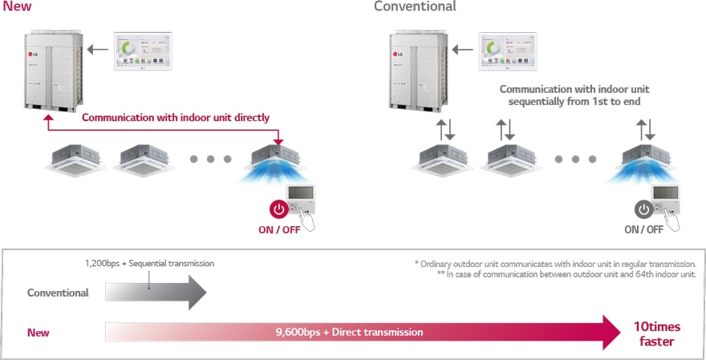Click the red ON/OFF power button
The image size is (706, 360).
click(278, 210)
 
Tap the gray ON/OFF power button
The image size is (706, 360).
click(644, 210)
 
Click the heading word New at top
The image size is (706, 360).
click(17, 6)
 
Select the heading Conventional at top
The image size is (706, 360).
click(415, 6)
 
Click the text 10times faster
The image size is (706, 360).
click(657, 334)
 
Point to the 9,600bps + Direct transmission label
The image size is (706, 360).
click(350, 333)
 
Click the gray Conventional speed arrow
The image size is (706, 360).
click(156, 293)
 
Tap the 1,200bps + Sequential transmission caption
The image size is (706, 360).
click(149, 263)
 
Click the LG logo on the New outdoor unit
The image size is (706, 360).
click(33, 55)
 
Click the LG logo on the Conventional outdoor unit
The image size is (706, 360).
click(398, 55)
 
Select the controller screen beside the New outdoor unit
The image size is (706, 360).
click(143, 51)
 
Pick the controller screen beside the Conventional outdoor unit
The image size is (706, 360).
click(508, 51)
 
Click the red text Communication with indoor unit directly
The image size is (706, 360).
click(176, 117)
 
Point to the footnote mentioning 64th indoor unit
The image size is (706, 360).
click(566, 274)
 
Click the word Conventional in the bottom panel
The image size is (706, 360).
click(58, 293)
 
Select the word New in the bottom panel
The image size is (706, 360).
click(39, 333)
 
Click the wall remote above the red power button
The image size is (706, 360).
click(301, 199)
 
